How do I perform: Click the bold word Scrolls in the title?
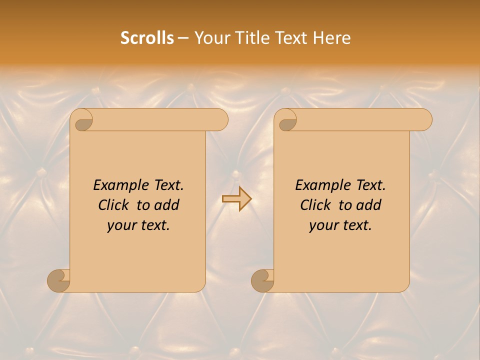147,38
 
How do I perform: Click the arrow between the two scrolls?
236,199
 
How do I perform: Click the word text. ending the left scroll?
155,225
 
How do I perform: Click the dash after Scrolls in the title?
183,38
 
